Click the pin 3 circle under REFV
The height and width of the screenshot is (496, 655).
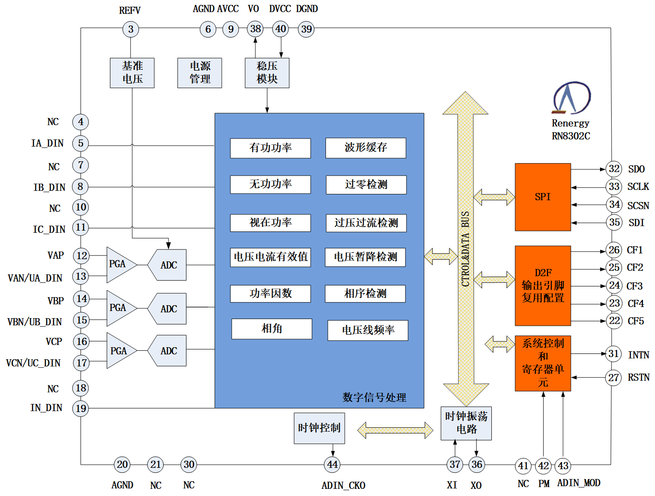131,29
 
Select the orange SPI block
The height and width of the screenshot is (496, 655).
542,197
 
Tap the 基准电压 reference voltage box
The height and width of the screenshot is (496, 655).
132,73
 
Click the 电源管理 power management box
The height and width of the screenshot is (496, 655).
199,73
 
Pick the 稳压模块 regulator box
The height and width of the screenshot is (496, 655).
267,73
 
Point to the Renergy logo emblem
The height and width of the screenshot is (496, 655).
571,97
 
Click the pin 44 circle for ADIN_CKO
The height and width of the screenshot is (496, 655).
332,465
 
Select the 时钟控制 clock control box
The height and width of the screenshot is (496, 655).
319,428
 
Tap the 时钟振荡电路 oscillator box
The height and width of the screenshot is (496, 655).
466,423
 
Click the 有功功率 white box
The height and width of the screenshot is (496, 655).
270,148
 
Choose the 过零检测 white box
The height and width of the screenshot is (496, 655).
366,185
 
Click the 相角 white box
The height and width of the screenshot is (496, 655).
271,329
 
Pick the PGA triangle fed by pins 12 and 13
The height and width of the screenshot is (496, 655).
120,265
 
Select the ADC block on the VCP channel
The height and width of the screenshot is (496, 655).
168,351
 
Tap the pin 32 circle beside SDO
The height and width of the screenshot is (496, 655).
614,169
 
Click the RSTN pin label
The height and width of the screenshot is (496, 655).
638,378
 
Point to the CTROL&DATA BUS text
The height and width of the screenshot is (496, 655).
465,248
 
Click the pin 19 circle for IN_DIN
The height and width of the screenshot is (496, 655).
81,408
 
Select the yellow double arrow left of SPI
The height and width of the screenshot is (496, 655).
494,197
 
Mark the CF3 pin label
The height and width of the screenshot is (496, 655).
634,286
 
